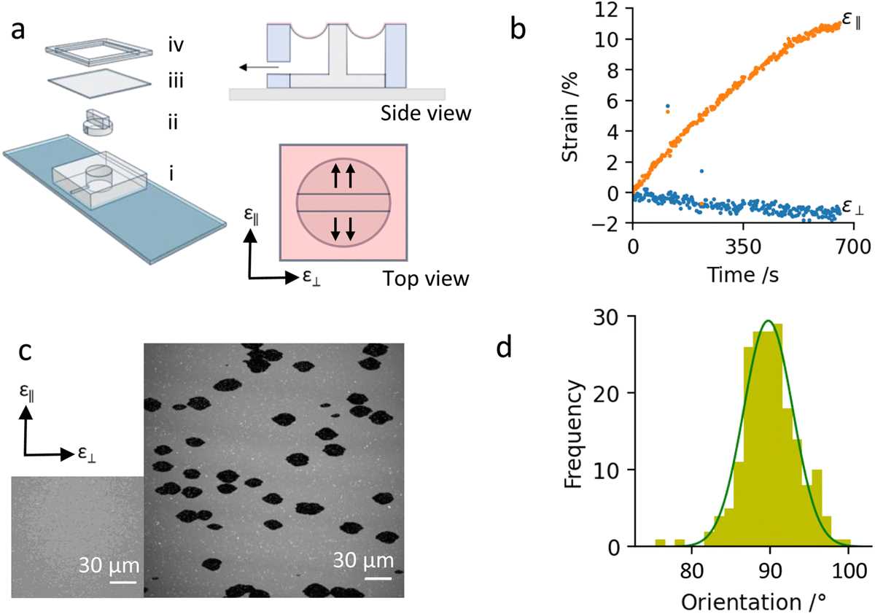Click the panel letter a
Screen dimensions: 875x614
(x=18, y=31)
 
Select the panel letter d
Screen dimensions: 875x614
(x=504, y=347)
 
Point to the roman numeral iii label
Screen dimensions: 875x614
(x=176, y=81)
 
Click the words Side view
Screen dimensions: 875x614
(x=426, y=113)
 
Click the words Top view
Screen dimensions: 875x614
(x=426, y=279)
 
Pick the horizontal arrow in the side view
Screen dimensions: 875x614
(x=259, y=68)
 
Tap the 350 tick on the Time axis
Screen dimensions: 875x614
(x=743, y=247)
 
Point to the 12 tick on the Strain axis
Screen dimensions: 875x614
(x=607, y=9)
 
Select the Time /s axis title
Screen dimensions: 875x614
(x=743, y=275)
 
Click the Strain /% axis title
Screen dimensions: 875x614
(x=569, y=117)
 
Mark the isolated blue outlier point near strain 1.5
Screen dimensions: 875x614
(x=702, y=171)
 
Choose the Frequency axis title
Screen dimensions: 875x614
(x=573, y=434)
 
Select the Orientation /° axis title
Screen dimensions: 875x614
(x=754, y=602)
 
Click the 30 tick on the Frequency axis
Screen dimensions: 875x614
(x=606, y=319)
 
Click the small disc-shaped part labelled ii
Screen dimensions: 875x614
(x=98, y=123)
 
